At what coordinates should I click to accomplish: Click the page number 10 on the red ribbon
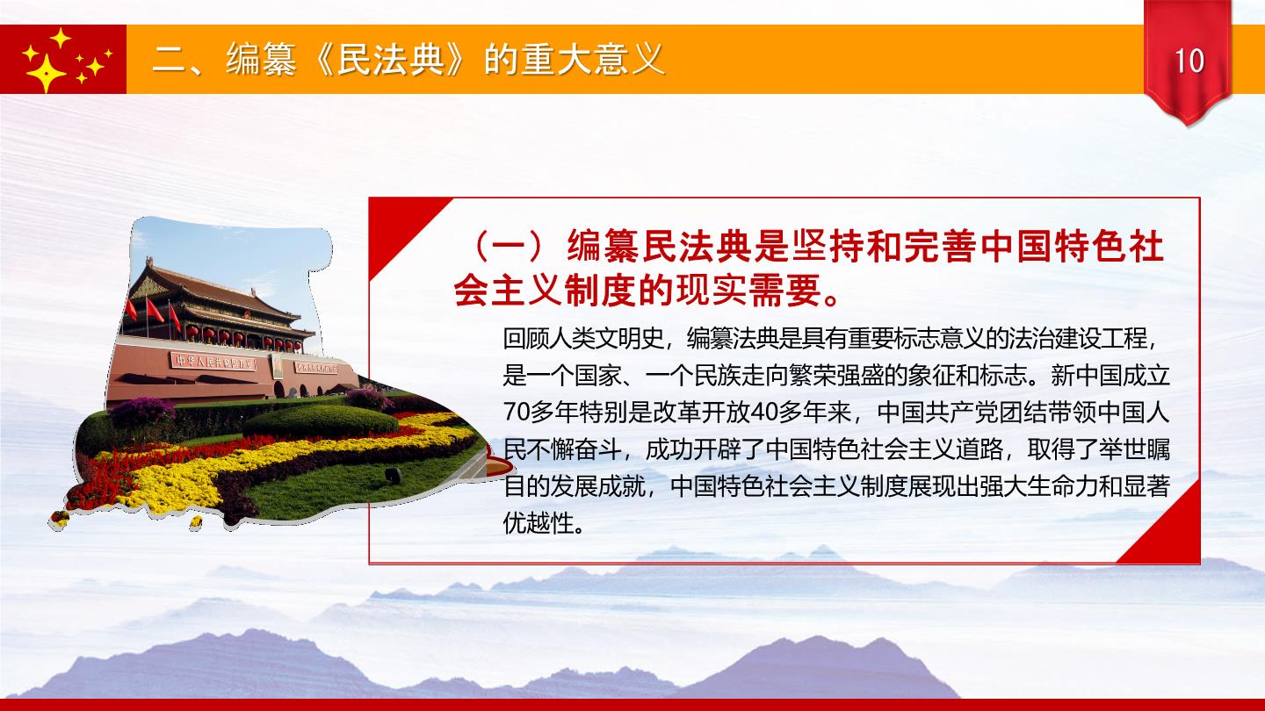(x=1189, y=61)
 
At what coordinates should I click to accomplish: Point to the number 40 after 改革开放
(x=764, y=413)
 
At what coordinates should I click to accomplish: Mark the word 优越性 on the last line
(x=539, y=524)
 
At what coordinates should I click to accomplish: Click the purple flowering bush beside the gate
(x=142, y=412)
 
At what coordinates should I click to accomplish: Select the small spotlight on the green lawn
(x=393, y=475)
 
